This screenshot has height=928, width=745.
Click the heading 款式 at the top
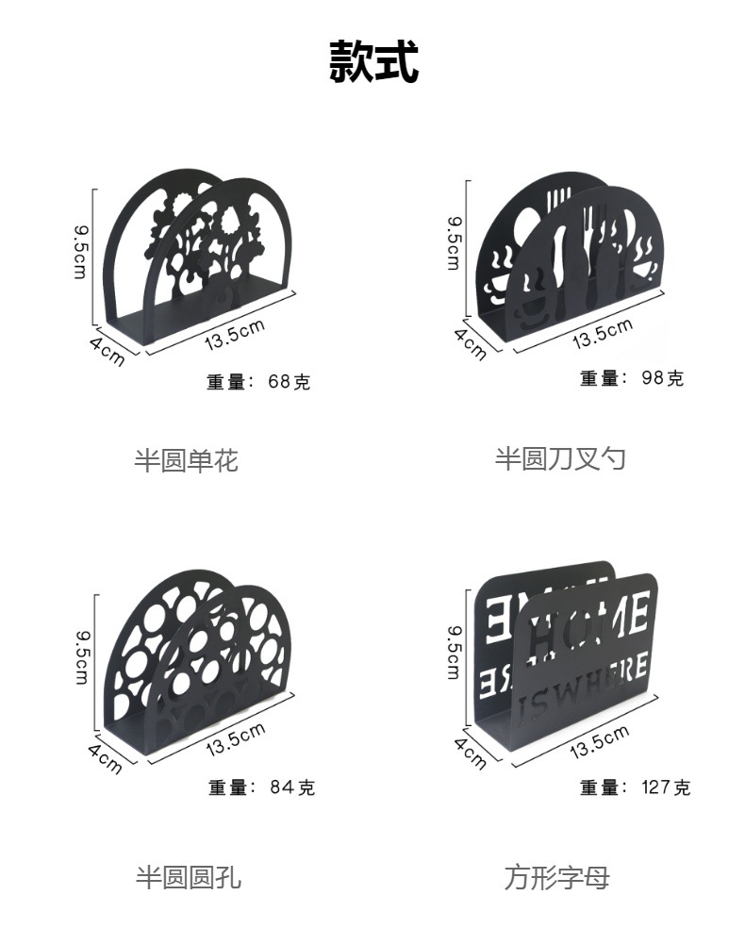point(373,62)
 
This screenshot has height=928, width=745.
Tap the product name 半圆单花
point(186,460)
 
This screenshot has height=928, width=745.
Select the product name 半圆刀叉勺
point(560,459)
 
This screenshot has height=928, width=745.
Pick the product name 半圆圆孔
point(188,878)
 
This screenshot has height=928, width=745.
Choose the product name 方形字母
point(556,878)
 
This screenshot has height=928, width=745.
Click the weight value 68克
point(289,382)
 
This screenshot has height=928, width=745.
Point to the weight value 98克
point(662,378)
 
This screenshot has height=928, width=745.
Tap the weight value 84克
point(291,787)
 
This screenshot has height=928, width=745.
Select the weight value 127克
point(666,787)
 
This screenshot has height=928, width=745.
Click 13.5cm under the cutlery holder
point(602,333)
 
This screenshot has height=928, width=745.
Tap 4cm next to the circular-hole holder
point(105,757)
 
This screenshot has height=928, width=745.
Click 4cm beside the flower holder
point(107,350)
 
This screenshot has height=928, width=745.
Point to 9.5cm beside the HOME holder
point(453,651)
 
